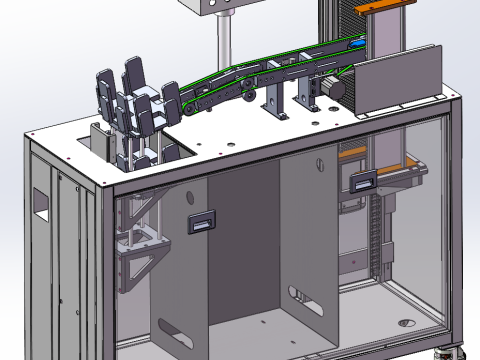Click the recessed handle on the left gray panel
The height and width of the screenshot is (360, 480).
(x=202, y=223)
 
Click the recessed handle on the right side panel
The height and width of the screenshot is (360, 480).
(x=364, y=181)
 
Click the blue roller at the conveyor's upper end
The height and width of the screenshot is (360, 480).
(x=357, y=45)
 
